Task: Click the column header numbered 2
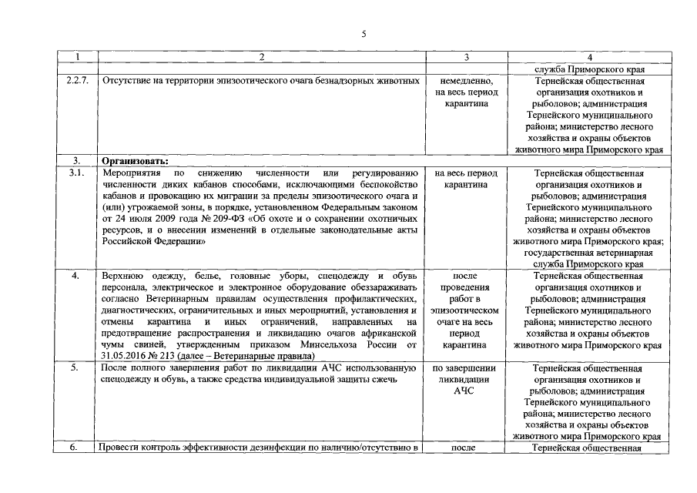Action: pos(260,57)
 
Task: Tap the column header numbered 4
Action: pos(589,57)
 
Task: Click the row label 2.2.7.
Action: pos(77,80)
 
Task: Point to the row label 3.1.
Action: pos(77,173)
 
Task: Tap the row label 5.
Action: pos(77,367)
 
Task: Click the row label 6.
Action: pos(77,448)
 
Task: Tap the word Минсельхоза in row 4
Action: pos(329,344)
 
